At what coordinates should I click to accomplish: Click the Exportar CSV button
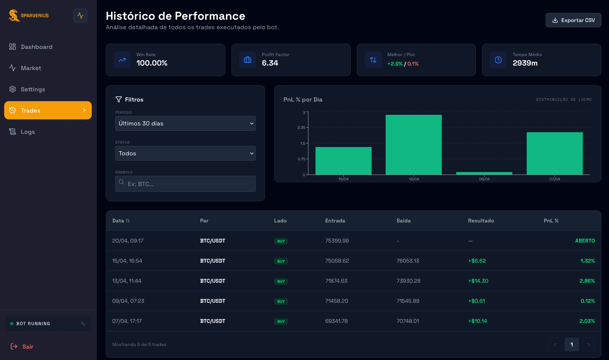tap(573, 20)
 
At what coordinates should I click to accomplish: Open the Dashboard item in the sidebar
tap(36, 47)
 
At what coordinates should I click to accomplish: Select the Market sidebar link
tap(31, 68)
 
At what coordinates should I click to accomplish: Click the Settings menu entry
tap(33, 89)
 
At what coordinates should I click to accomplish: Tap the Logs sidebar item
tap(28, 132)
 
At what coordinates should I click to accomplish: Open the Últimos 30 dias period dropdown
tap(185, 124)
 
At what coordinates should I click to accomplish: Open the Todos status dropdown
tap(185, 153)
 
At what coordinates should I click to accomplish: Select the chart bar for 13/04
tap(413, 145)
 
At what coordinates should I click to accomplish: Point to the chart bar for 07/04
tap(554, 153)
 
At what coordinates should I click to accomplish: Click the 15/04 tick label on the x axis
tap(343, 179)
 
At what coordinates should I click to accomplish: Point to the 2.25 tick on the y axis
tap(301, 128)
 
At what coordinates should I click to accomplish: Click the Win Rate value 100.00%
tap(152, 63)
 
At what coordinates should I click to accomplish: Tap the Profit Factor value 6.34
tap(270, 63)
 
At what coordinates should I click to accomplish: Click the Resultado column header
tap(481, 221)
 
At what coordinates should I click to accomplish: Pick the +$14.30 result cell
tap(478, 281)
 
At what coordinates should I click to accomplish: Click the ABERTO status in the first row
tap(585, 241)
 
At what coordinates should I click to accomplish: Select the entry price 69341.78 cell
tap(336, 321)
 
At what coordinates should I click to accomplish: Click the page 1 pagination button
tap(571, 344)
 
